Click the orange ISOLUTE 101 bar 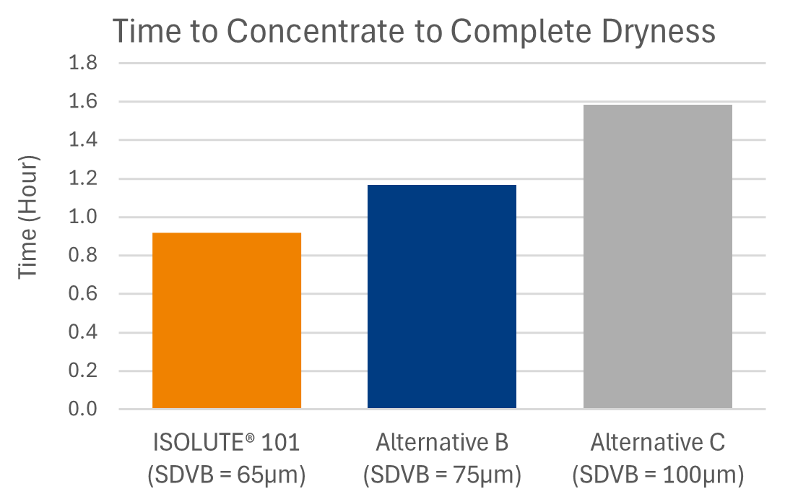[x=227, y=321]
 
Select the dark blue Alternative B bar [x=442, y=297]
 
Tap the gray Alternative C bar [x=657, y=257]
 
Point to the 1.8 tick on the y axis [x=83, y=64]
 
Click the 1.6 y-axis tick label [x=83, y=102]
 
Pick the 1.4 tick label [x=83, y=140]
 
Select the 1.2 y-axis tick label [x=83, y=179]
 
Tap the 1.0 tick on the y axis [x=83, y=217]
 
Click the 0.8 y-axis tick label [x=83, y=256]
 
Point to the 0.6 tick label [x=83, y=295]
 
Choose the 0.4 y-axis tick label [x=83, y=333]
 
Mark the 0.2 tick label [x=83, y=371]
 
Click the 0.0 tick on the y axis [x=83, y=410]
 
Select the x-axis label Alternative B [x=442, y=442]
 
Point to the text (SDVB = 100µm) [x=657, y=475]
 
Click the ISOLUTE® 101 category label [x=227, y=442]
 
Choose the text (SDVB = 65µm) [x=227, y=475]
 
